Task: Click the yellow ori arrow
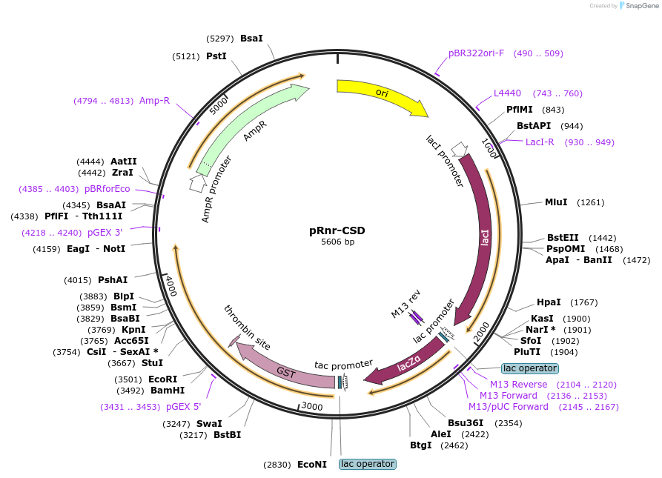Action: click(x=381, y=93)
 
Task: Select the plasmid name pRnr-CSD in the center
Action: click(x=337, y=230)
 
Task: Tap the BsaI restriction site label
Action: click(x=251, y=38)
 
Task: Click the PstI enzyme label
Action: click(x=216, y=56)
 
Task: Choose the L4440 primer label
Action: click(x=508, y=93)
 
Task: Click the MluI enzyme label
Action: click(x=556, y=202)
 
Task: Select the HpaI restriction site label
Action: click(x=549, y=302)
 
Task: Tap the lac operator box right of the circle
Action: click(x=529, y=368)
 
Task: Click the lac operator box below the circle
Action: click(x=368, y=464)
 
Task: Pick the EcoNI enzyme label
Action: click(x=311, y=465)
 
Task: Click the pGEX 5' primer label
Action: click(x=183, y=407)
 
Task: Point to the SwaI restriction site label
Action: click(x=209, y=424)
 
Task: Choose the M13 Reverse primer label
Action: click(x=518, y=385)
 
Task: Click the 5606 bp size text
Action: click(x=337, y=242)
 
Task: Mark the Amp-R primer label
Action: click(x=154, y=101)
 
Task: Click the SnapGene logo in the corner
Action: click(x=640, y=6)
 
